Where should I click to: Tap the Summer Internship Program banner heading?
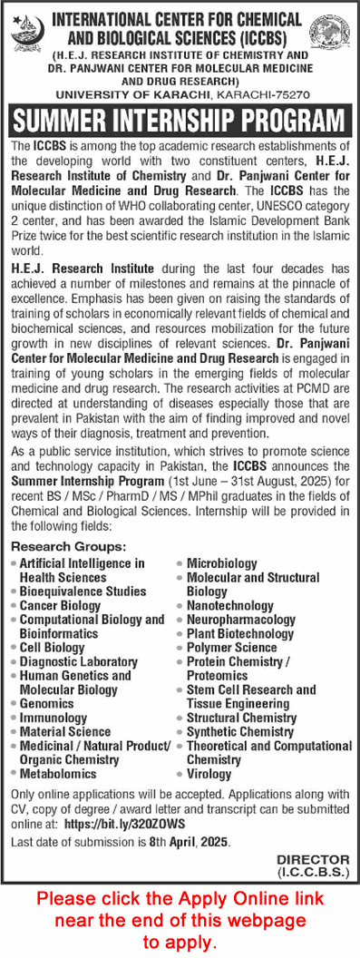coord(180,121)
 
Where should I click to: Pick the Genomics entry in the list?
coord(46,703)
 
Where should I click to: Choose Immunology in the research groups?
coord(54,718)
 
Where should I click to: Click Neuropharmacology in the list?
coord(240,620)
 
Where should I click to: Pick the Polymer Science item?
coord(231,648)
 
